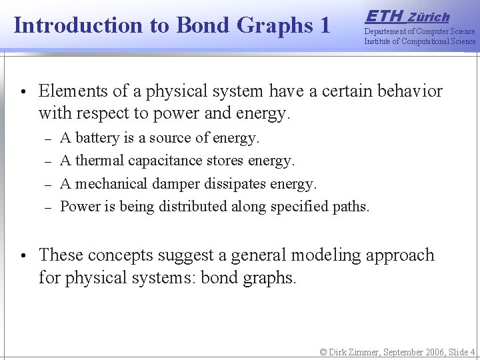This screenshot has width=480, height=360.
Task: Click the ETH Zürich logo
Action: (x=407, y=16)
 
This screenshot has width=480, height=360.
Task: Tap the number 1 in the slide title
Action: (x=325, y=26)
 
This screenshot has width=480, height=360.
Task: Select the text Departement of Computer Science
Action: (x=419, y=31)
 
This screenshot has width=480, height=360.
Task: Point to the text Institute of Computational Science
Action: (x=419, y=41)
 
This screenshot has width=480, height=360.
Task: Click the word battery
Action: (x=98, y=138)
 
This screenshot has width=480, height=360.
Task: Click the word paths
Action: (x=351, y=206)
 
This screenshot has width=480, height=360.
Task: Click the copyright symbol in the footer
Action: (x=324, y=351)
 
